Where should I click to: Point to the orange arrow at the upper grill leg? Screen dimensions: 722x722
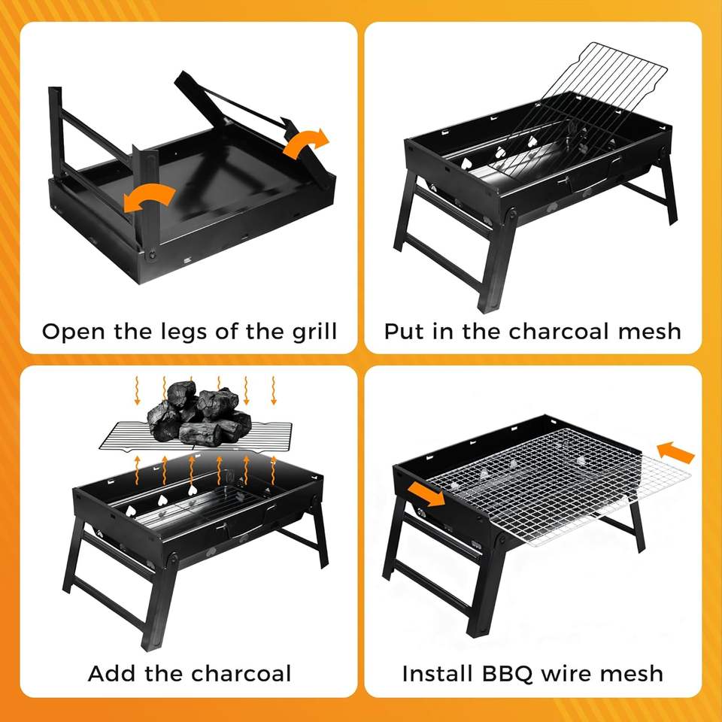point(306,143)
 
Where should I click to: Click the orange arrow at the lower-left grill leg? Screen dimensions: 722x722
point(149,197)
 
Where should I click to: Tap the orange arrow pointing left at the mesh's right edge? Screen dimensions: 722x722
point(675,452)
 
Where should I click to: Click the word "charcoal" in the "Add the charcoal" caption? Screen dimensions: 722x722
point(241,674)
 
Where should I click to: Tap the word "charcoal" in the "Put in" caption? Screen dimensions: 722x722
point(560,332)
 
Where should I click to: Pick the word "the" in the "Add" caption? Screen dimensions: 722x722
point(163,674)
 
